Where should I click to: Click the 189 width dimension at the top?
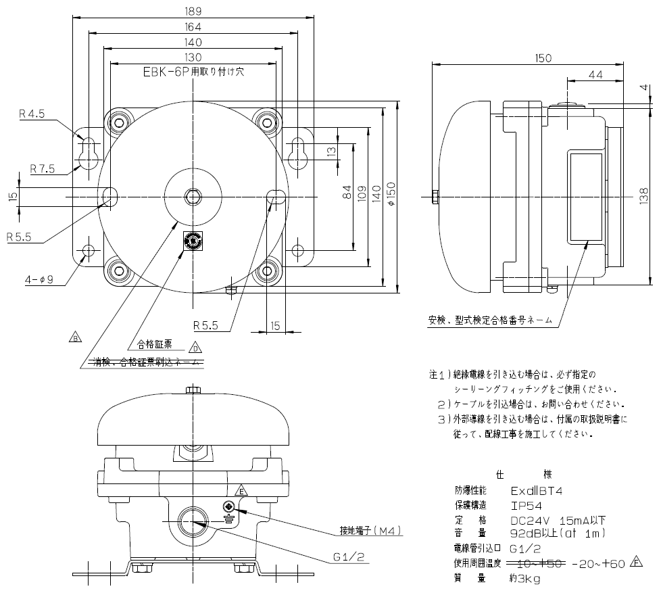coord(193,11)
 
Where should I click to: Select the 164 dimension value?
coord(193,27)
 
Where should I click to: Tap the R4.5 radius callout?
coord(31,115)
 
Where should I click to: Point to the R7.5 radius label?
coord(43,168)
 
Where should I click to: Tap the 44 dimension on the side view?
coord(595,75)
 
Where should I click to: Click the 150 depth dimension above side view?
coord(543,58)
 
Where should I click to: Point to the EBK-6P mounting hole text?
coord(193,71)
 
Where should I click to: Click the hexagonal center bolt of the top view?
coord(193,197)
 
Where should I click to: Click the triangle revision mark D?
coord(195,348)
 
